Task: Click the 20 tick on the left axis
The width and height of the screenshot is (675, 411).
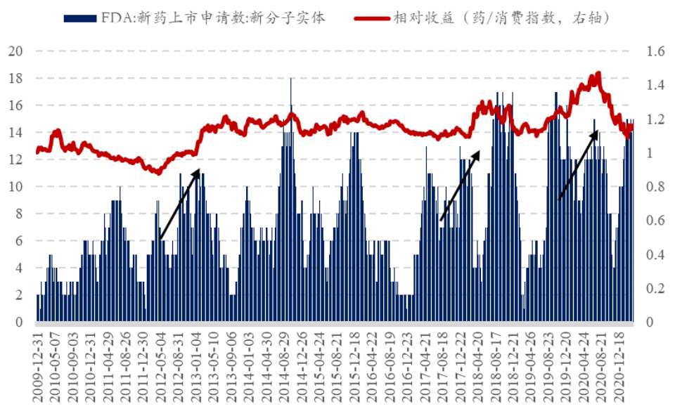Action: [16, 51]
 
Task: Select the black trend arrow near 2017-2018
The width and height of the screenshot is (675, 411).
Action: [460, 185]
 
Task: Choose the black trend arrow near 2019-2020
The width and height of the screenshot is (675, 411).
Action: [577, 166]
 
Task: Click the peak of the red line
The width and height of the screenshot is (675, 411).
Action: [598, 73]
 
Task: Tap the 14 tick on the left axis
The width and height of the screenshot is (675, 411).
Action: [16, 133]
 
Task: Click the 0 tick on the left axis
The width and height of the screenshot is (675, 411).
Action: [20, 322]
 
